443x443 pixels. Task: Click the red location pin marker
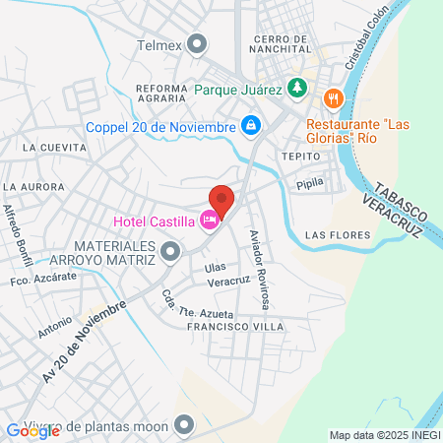(222, 200)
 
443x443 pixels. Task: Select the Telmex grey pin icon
(198, 43)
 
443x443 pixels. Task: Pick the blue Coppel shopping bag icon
(252, 126)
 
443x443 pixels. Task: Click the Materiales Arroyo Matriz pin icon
(171, 253)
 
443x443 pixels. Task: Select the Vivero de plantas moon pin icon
(183, 425)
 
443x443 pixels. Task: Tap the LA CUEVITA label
(47, 148)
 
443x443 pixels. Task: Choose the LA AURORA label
(33, 186)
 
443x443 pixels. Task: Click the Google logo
(32, 429)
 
